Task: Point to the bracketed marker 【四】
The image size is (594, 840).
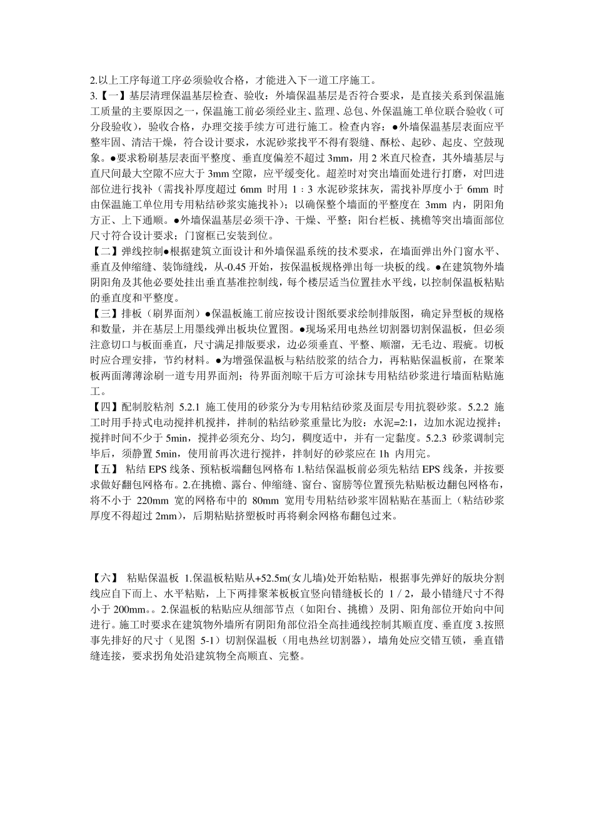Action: pos(103,407)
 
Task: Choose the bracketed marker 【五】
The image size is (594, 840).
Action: pos(103,468)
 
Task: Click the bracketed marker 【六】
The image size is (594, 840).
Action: pos(103,576)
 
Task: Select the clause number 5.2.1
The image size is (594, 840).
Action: pos(183,407)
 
